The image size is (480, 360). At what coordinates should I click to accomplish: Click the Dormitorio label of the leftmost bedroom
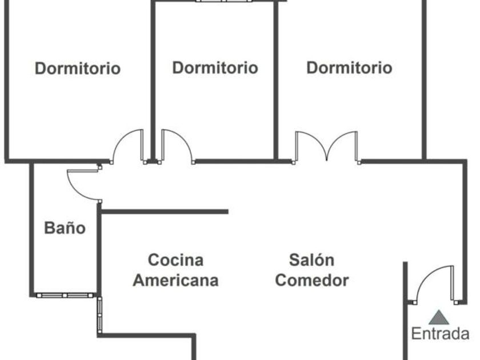(78, 69)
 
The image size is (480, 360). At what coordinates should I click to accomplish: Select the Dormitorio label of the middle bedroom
(215, 68)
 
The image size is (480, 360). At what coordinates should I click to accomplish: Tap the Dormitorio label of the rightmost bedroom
(350, 68)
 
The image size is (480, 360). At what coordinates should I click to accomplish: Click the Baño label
(65, 229)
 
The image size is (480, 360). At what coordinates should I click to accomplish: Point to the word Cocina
(175, 261)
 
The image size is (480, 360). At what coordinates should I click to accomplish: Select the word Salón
(311, 261)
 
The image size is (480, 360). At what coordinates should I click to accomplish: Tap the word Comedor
(311, 281)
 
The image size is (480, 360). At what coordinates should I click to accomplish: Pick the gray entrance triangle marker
(438, 317)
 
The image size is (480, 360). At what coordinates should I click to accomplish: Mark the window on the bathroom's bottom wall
(65, 295)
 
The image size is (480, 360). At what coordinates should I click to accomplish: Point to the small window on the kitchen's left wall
(100, 314)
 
